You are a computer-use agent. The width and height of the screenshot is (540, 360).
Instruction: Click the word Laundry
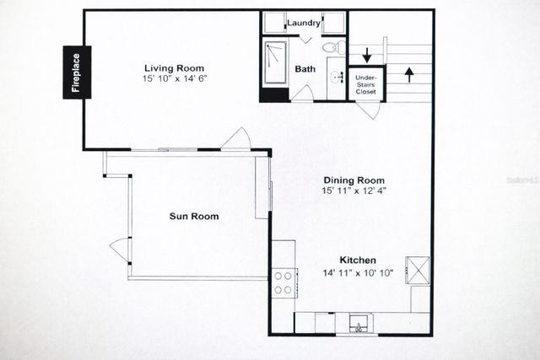coord(303,23)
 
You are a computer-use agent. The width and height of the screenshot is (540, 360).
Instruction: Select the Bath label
coord(304,69)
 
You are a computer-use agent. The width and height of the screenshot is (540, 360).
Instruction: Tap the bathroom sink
coord(337,78)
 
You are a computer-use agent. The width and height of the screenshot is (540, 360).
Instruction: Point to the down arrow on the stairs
coord(368,56)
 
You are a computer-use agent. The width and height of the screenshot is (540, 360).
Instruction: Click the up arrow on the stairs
coord(410,74)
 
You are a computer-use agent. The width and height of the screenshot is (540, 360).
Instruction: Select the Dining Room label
coord(354,180)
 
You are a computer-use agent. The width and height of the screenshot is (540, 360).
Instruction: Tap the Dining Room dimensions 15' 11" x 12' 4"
coord(354,191)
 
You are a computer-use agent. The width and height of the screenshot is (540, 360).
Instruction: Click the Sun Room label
coord(194,217)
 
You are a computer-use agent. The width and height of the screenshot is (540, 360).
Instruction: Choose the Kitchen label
coord(358,261)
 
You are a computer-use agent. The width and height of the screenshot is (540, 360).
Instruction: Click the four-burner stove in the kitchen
coord(283,282)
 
